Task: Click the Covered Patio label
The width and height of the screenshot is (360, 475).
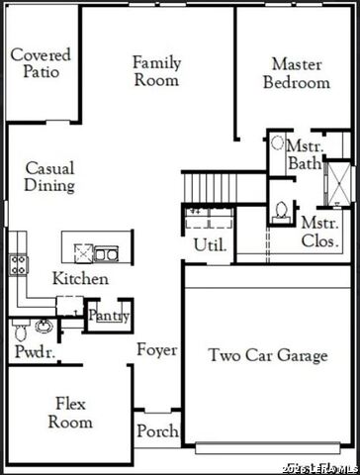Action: tap(41, 62)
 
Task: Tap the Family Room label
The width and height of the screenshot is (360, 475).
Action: tap(157, 71)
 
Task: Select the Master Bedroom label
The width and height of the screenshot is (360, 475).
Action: tap(296, 73)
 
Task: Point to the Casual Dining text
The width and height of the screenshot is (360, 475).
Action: tap(49, 176)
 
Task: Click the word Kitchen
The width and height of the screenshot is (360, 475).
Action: tap(80, 279)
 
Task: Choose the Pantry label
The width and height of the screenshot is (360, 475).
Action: tap(109, 316)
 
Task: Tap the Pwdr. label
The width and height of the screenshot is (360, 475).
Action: tap(34, 352)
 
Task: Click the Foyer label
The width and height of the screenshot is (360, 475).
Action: tap(157, 350)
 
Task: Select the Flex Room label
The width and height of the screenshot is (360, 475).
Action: tap(72, 412)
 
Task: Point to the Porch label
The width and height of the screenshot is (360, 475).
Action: tap(157, 431)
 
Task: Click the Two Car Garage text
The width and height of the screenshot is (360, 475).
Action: tap(268, 355)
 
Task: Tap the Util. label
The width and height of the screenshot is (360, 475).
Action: tap(210, 243)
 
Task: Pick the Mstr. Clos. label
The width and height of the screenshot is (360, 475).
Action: tap(320, 231)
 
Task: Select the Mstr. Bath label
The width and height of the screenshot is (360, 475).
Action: tap(304, 154)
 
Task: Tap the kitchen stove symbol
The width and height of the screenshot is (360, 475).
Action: tap(19, 263)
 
